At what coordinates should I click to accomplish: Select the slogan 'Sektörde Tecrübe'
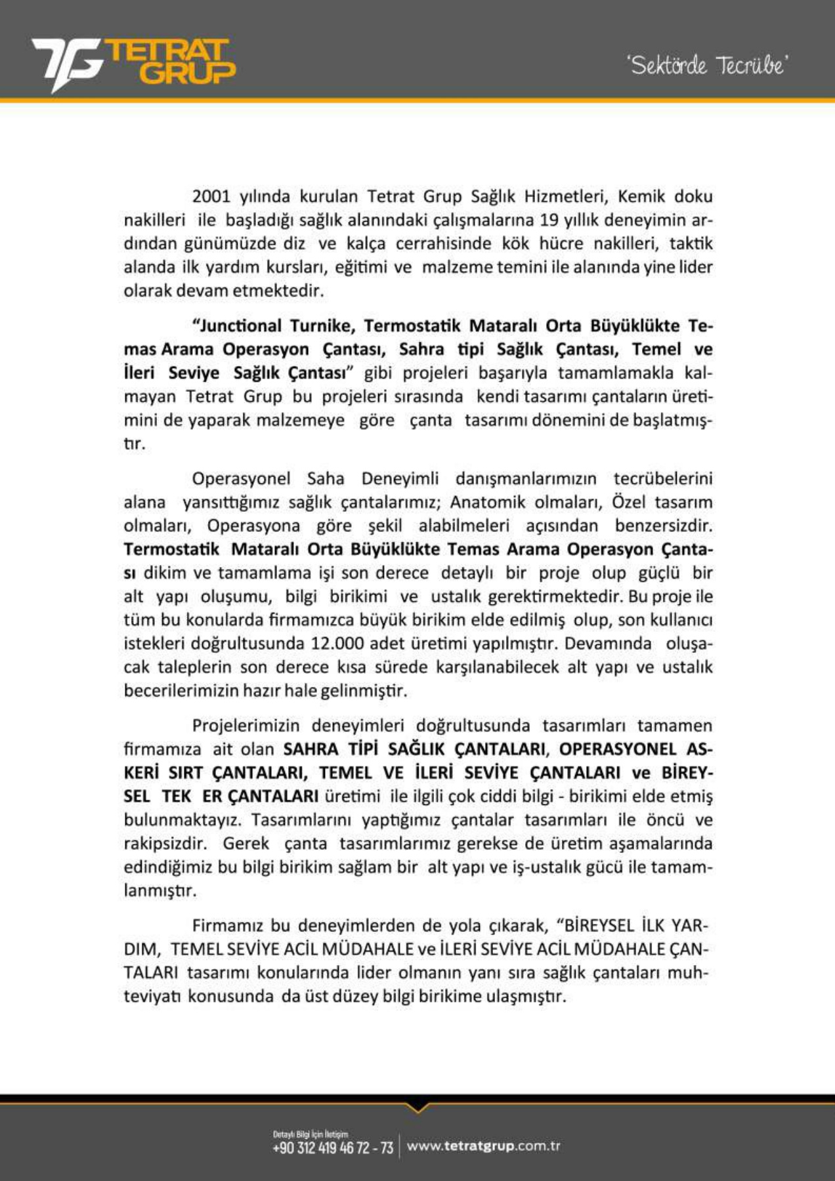pos(707,66)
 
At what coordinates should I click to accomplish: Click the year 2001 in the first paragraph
pos(211,196)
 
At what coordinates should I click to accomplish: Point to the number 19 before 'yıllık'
pos(549,220)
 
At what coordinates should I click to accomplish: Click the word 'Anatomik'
pos(487,502)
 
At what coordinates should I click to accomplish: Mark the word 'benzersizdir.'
pos(663,526)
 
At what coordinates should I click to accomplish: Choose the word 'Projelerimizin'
pos(246,726)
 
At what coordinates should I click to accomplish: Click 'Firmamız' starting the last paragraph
pos(227,926)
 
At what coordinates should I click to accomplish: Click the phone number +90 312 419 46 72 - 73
pos(332,1148)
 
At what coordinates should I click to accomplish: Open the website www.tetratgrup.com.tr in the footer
pos(483,1146)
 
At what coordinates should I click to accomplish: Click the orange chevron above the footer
pos(417,1108)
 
